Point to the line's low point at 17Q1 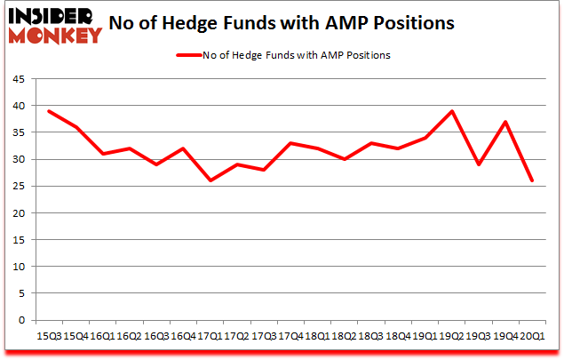coord(211,180)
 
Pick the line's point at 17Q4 coord(291,143)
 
